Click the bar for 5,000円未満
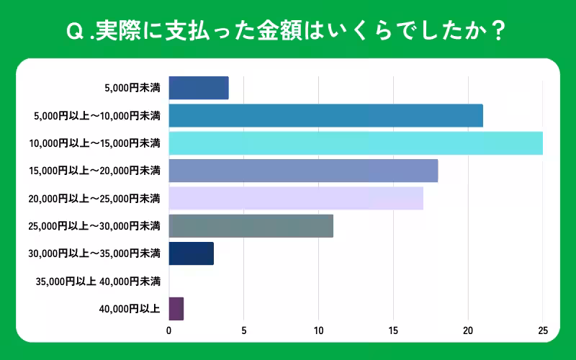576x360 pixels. click(x=199, y=88)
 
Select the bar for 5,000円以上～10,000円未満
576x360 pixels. click(x=325, y=115)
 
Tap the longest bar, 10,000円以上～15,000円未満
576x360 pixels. click(x=356, y=143)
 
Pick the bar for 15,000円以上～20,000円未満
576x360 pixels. click(x=303, y=171)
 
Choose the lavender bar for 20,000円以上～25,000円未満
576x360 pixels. click(x=296, y=198)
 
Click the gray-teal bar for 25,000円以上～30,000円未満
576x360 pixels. click(x=251, y=226)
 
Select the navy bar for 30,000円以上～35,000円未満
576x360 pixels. click(x=192, y=253)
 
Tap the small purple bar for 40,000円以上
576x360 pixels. click(x=176, y=309)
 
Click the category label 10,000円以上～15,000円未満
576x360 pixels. click(x=94, y=143)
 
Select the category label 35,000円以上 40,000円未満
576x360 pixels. click(x=97, y=281)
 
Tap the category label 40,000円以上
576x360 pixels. click(x=130, y=309)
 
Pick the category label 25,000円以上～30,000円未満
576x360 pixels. click(x=94, y=226)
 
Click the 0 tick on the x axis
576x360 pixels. click(x=169, y=331)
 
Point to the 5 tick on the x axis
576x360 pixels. click(x=243, y=331)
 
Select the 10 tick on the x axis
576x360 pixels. click(x=318, y=331)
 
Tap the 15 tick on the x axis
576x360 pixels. click(x=393, y=331)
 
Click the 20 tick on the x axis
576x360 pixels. click(x=468, y=331)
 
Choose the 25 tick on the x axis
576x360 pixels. click(x=543, y=331)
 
